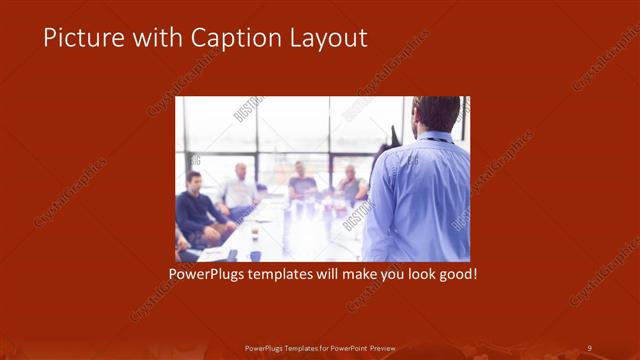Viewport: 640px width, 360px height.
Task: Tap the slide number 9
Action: coord(590,347)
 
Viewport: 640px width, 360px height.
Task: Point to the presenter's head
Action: coord(437,113)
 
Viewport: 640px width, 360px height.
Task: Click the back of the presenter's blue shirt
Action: coord(419,195)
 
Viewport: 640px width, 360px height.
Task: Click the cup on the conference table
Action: coord(255,235)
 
